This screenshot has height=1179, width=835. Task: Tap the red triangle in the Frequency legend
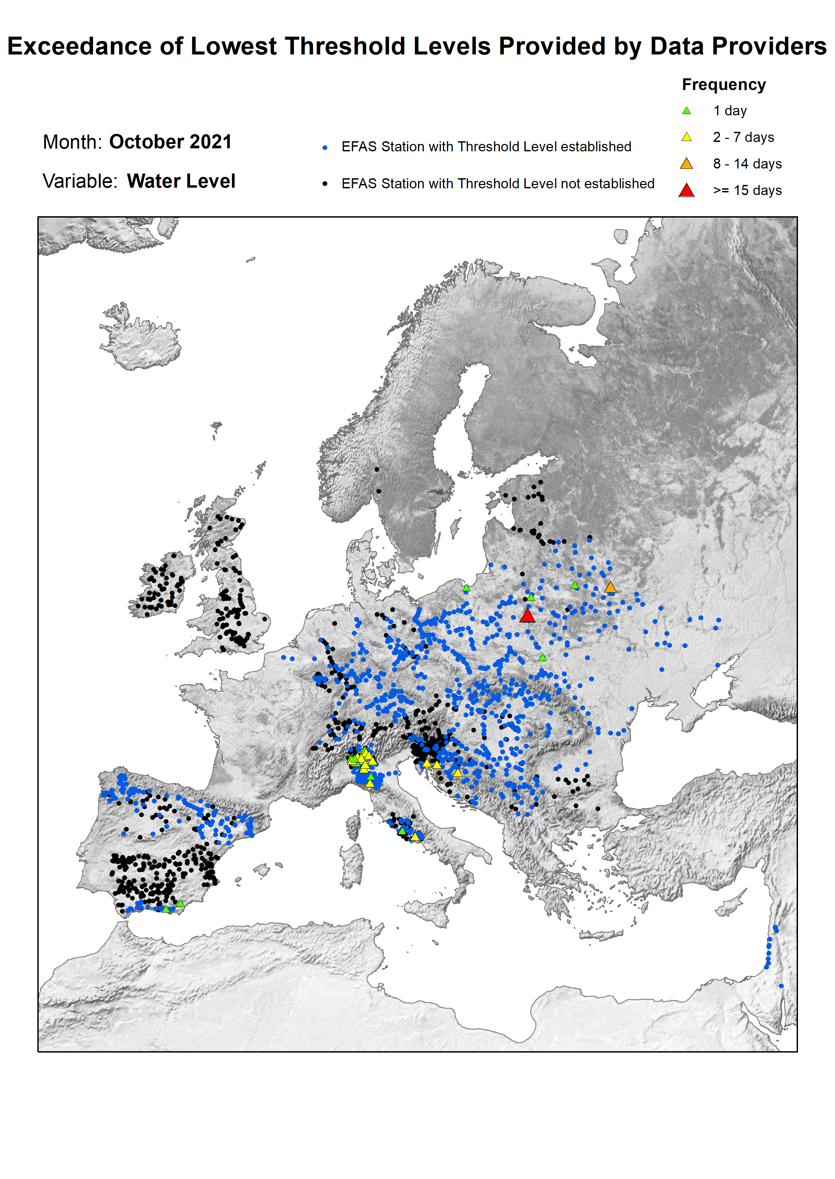point(686,191)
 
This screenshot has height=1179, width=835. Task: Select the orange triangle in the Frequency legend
point(686,164)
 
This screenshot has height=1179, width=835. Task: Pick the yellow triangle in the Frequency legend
point(686,137)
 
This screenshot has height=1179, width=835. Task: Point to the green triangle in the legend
point(686,110)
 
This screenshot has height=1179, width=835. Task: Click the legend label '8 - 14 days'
point(747,164)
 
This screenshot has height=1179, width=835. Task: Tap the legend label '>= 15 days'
point(747,191)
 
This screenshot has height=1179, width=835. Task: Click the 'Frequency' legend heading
point(723,85)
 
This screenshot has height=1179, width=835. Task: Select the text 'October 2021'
point(170,142)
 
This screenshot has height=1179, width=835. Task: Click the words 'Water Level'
point(181,181)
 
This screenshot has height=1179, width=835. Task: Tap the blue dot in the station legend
point(325,147)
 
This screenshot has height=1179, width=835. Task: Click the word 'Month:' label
point(72,142)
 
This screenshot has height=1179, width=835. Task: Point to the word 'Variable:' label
point(80,181)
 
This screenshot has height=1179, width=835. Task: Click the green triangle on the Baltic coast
point(466,588)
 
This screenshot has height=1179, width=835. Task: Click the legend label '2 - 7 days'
point(743,137)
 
